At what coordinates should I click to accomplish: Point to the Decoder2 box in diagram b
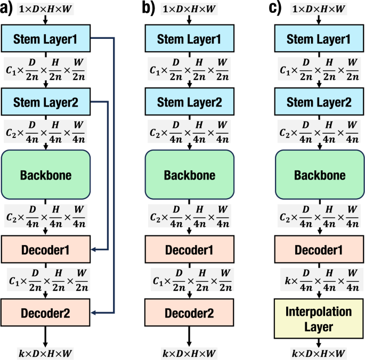[x=189, y=312]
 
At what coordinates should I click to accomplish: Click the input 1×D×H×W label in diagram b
[x=189, y=9]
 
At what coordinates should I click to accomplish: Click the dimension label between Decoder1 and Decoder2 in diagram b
[x=189, y=279]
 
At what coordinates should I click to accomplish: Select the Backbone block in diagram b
[x=189, y=175]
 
